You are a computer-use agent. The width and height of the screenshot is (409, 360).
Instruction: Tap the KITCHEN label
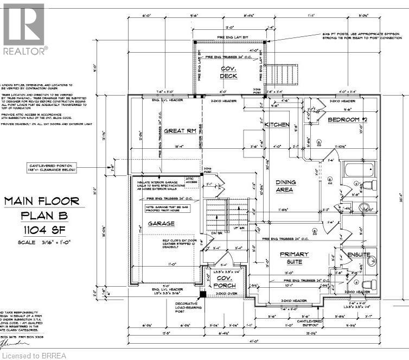pos(277,125)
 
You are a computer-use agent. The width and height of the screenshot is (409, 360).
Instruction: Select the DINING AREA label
pos(284,186)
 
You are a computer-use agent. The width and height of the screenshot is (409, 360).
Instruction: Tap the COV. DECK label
pos(228,72)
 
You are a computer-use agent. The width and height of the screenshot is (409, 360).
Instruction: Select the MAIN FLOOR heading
pos(42,201)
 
